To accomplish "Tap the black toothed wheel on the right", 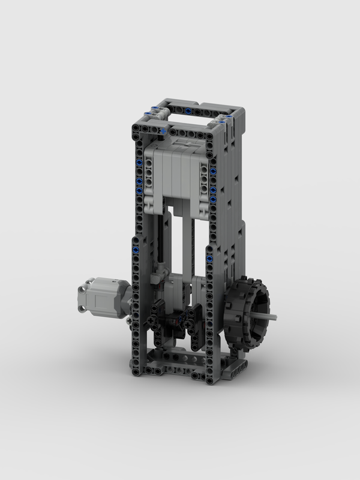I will click(247, 313).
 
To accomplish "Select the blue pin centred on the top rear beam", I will click(188, 112).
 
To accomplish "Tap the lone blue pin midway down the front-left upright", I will click(137, 248).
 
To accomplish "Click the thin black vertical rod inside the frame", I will click(161, 240).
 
